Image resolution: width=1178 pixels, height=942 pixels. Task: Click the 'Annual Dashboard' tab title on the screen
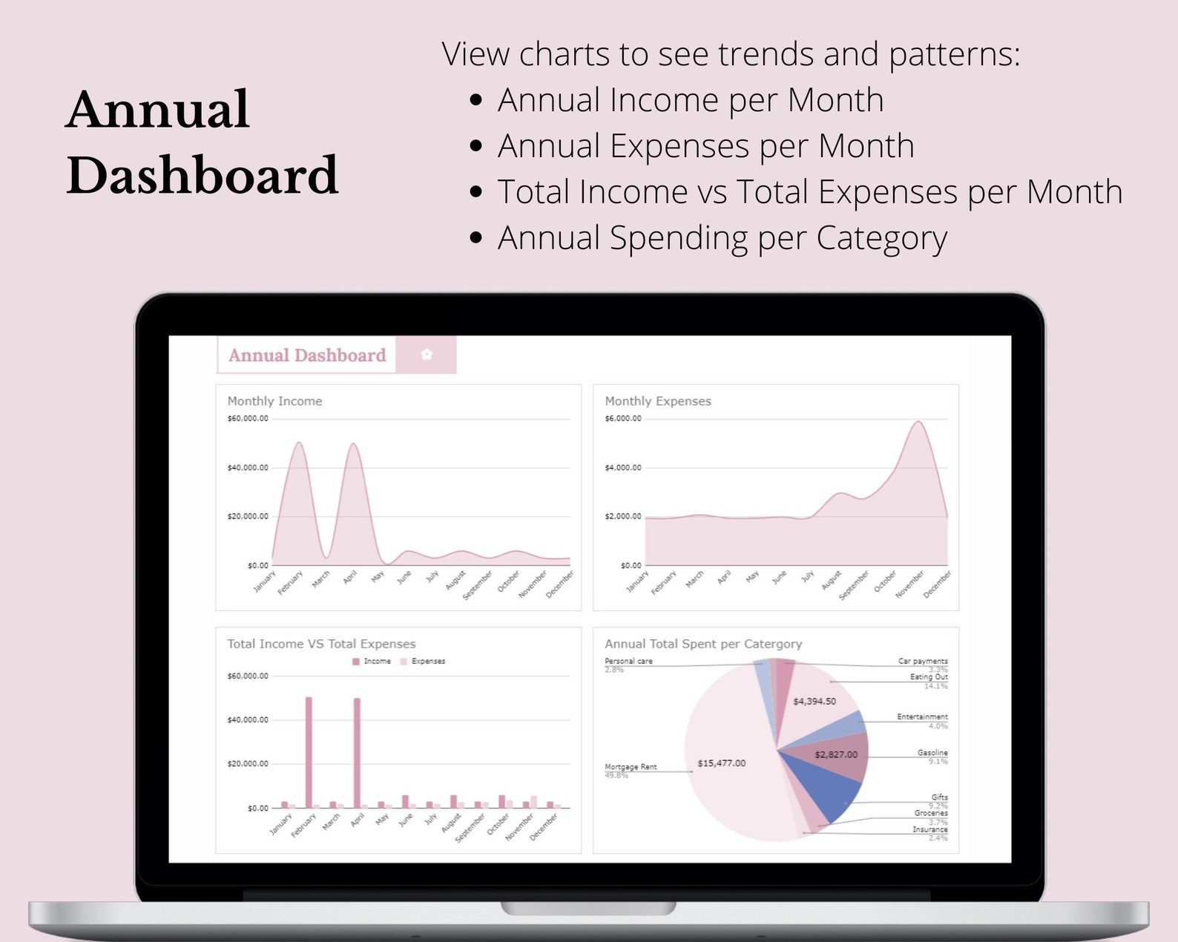pyautogui.click(x=307, y=355)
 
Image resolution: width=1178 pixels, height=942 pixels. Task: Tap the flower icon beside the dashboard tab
pyautogui.click(x=427, y=355)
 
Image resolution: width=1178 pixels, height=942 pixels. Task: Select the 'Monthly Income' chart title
pyautogui.click(x=274, y=401)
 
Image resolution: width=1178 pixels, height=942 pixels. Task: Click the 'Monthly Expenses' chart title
pyautogui.click(x=657, y=401)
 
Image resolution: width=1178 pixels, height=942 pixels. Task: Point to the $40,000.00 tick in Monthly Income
pyautogui.click(x=248, y=468)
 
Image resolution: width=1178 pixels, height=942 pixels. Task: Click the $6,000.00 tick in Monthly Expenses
pyautogui.click(x=623, y=419)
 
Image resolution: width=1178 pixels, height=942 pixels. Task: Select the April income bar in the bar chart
pyautogui.click(x=357, y=752)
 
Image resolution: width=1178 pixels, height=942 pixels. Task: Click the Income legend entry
pyautogui.click(x=372, y=661)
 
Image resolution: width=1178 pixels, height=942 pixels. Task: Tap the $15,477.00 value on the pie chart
pyautogui.click(x=721, y=763)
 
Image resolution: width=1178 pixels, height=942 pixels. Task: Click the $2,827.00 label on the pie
pyautogui.click(x=835, y=755)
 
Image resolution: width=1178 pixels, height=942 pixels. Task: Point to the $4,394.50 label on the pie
pyautogui.click(x=814, y=702)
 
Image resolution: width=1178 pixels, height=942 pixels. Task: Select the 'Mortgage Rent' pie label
pyautogui.click(x=631, y=767)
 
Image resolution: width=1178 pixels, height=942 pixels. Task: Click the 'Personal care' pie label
pyautogui.click(x=628, y=661)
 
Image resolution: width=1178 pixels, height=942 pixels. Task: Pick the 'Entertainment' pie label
pyautogui.click(x=922, y=717)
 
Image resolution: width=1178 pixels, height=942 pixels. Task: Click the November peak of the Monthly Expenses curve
pyautogui.click(x=919, y=423)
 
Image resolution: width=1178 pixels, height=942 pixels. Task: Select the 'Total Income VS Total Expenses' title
pyautogui.click(x=321, y=644)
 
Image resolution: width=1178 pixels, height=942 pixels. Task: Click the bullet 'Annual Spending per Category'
pyautogui.click(x=722, y=238)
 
